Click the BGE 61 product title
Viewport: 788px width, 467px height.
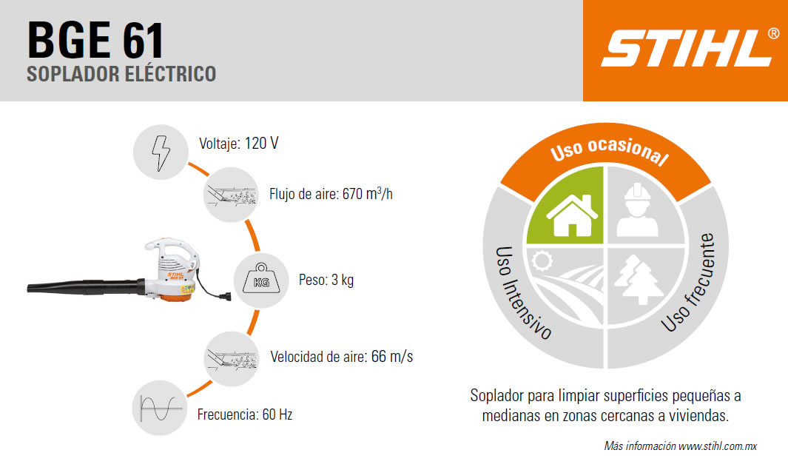tap(95, 40)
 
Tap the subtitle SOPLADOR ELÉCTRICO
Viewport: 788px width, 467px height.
tap(121, 74)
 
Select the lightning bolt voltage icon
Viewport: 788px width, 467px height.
tap(161, 152)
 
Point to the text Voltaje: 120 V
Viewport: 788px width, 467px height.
tap(239, 144)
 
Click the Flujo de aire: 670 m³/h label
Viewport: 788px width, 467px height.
tap(331, 194)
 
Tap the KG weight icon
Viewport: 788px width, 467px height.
tap(261, 280)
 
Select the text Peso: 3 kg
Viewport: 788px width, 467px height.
tap(326, 280)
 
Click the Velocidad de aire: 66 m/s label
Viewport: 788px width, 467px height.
tap(342, 357)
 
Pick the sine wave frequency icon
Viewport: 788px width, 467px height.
tap(160, 408)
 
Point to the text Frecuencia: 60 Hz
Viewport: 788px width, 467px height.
tap(245, 414)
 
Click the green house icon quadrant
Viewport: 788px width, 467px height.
tap(566, 206)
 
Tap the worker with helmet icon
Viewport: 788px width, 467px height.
tap(637, 210)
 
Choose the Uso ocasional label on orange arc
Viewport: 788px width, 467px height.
tap(610, 149)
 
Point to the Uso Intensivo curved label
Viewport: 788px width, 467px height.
tap(522, 293)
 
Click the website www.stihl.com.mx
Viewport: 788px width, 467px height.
tap(717, 446)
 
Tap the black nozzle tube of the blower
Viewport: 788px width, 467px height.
tap(86, 286)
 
